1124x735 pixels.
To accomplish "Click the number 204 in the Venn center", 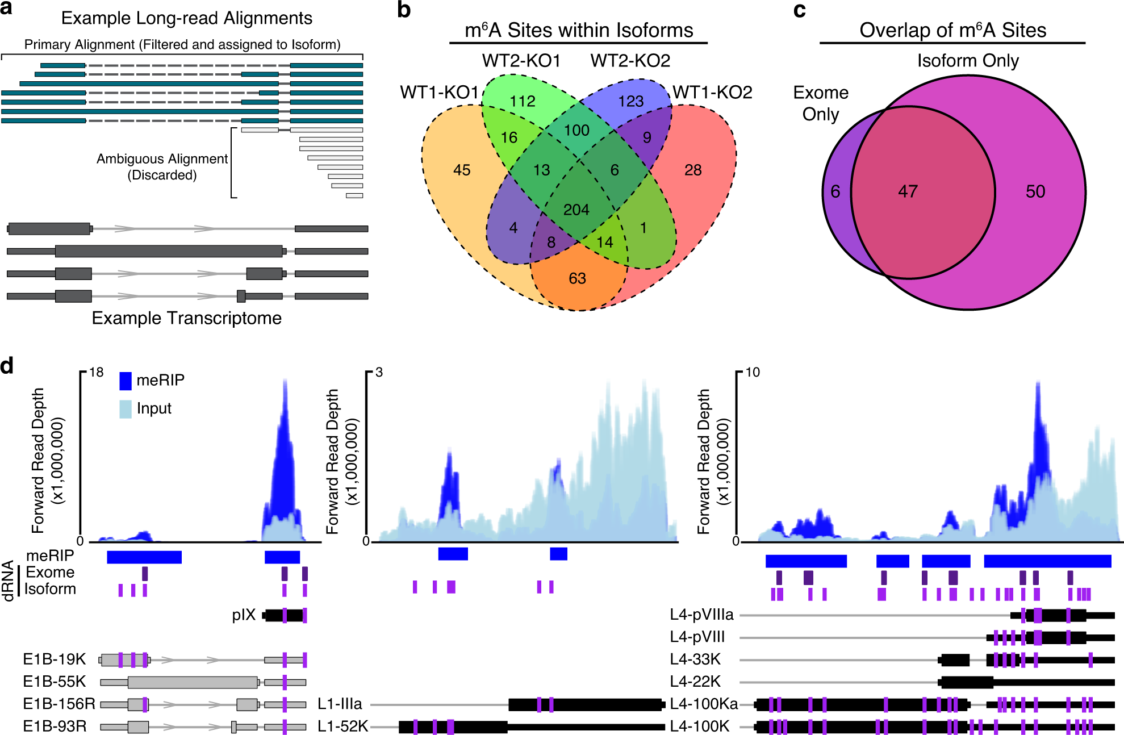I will (x=576, y=210).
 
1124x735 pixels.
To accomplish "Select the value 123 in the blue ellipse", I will (x=630, y=101).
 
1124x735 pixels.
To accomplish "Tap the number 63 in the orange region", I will (x=577, y=278).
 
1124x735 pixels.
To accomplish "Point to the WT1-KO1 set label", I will (x=439, y=92).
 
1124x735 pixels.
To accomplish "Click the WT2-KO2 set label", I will (x=630, y=60).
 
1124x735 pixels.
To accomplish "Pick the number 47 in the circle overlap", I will (x=908, y=191).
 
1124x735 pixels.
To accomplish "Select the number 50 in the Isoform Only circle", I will (x=1035, y=191).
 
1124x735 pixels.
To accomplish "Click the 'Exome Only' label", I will (x=821, y=103).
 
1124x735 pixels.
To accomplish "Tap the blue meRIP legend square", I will (x=126, y=381).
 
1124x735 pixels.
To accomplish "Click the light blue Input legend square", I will (x=126, y=409).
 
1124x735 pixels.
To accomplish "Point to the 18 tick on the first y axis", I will (x=97, y=373).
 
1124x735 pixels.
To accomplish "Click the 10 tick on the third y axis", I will (x=752, y=373).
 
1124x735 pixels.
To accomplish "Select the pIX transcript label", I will (x=244, y=615).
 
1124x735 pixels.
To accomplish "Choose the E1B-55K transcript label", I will (x=55, y=682).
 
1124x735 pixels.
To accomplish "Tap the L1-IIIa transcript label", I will (x=340, y=704).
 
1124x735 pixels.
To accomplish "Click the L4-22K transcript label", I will (x=695, y=682).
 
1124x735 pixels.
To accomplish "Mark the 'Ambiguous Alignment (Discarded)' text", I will (x=162, y=167).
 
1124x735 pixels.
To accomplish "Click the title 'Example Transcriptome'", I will (x=186, y=318).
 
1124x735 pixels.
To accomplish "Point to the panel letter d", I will (x=7, y=366).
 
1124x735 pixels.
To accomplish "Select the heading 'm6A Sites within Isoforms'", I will (x=578, y=30).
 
